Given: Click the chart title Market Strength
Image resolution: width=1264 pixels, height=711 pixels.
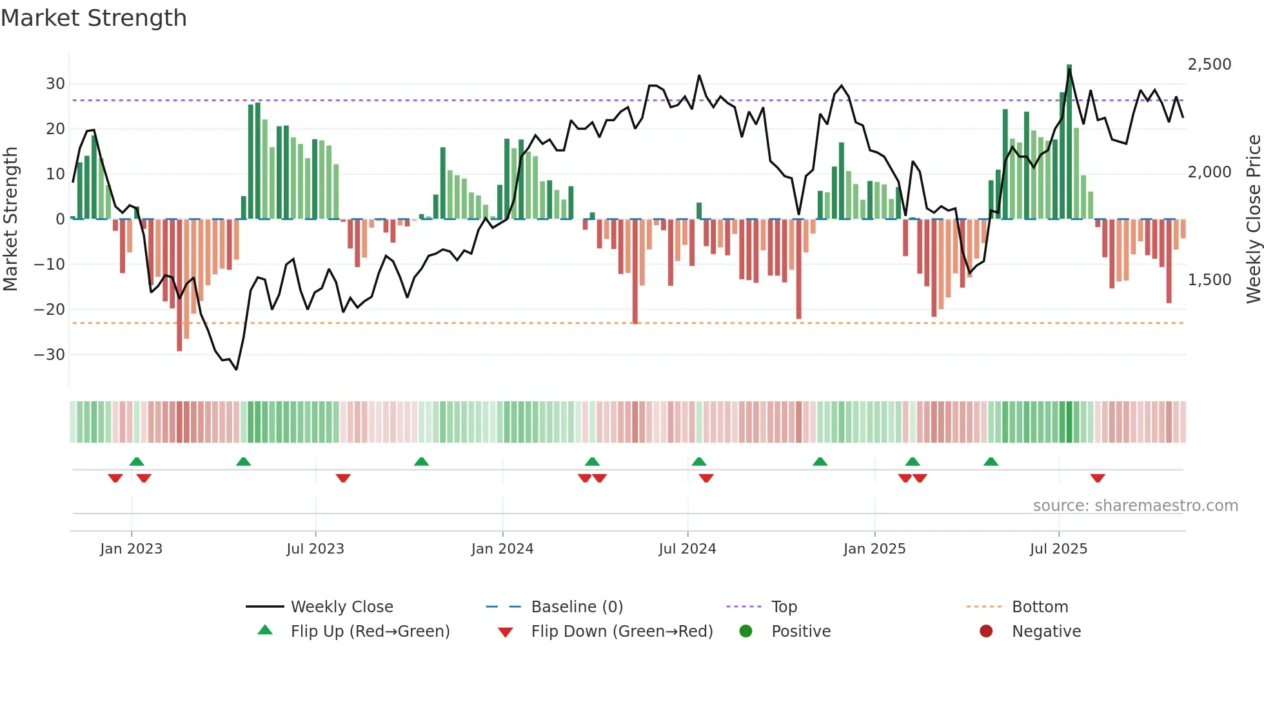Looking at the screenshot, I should tap(94, 18).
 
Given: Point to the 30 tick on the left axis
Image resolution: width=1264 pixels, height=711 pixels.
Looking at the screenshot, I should tap(55, 84).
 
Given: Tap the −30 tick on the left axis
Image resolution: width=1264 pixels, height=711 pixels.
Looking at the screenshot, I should tap(50, 355).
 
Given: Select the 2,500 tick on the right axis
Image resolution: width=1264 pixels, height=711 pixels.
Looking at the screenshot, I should tap(1209, 65).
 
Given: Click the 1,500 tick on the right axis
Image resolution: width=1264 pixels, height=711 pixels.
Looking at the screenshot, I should tap(1209, 280).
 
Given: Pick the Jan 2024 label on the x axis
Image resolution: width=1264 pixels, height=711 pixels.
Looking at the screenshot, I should tap(502, 549).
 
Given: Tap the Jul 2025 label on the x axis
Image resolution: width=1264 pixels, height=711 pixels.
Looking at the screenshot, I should tap(1058, 549).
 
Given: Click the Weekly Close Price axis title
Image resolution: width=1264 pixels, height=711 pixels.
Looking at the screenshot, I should tap(1253, 219).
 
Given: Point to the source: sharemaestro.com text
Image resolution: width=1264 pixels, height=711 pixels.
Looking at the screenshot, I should tap(1135, 506).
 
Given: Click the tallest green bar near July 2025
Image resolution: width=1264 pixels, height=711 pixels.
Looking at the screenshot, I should tap(1069, 142).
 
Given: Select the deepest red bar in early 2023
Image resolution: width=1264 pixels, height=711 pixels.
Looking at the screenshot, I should tap(179, 285).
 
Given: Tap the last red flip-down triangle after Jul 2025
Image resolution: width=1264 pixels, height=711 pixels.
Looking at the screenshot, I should tap(1098, 478).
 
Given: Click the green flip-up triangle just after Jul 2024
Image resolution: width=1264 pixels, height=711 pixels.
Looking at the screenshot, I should tap(699, 462).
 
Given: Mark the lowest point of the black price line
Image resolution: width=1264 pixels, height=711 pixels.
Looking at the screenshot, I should tap(237, 369).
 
